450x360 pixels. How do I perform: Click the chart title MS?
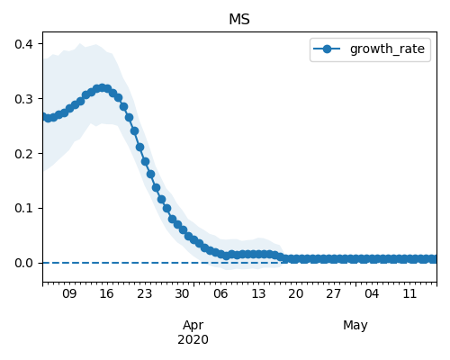(239, 20)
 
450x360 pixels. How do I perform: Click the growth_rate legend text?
(387, 49)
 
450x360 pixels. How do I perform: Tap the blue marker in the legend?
(327, 49)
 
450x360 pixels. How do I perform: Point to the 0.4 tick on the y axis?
(23, 44)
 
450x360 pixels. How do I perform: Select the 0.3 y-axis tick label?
(23, 99)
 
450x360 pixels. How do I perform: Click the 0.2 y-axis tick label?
(23, 154)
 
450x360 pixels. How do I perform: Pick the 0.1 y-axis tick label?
(23, 208)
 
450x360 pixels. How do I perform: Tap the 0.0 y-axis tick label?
(23, 263)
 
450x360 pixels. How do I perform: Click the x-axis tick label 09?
(69, 293)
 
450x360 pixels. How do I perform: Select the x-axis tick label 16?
(107, 293)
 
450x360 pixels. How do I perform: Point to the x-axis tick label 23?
(145, 293)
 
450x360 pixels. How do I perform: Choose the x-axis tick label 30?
(182, 293)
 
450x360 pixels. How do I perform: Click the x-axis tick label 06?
(220, 293)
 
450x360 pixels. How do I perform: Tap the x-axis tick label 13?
(258, 293)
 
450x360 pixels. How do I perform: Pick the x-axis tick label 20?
(296, 293)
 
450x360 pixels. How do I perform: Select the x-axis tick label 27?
(334, 293)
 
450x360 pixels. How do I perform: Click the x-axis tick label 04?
(372, 293)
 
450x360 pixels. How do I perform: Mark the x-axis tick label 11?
(409, 293)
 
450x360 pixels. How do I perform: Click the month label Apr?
(193, 326)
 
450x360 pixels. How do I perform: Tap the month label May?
(355, 326)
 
